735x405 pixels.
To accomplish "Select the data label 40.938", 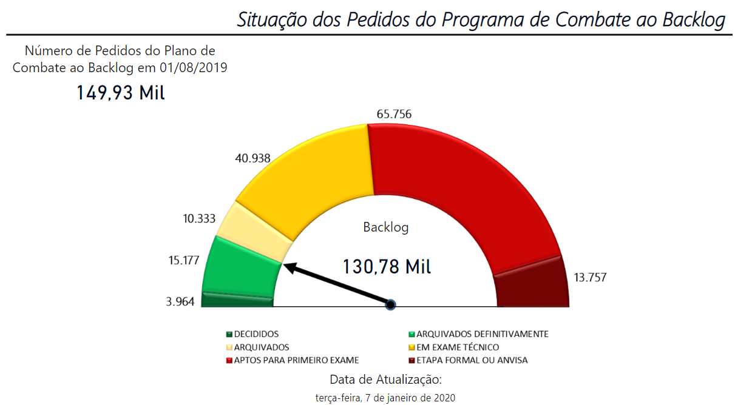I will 252,159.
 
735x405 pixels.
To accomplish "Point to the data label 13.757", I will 590,278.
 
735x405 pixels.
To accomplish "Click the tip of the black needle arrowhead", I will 284,264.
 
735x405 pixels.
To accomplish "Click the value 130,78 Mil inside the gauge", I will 387,266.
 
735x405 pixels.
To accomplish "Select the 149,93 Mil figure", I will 120,93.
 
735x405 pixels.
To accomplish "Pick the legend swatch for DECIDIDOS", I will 229,334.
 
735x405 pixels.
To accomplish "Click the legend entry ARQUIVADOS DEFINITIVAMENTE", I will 483,334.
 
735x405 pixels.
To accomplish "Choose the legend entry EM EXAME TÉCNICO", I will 458,347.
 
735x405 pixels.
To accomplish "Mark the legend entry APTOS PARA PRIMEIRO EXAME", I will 296,361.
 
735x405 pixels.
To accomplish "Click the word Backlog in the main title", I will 693,19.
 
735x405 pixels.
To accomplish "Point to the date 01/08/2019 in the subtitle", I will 194,67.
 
